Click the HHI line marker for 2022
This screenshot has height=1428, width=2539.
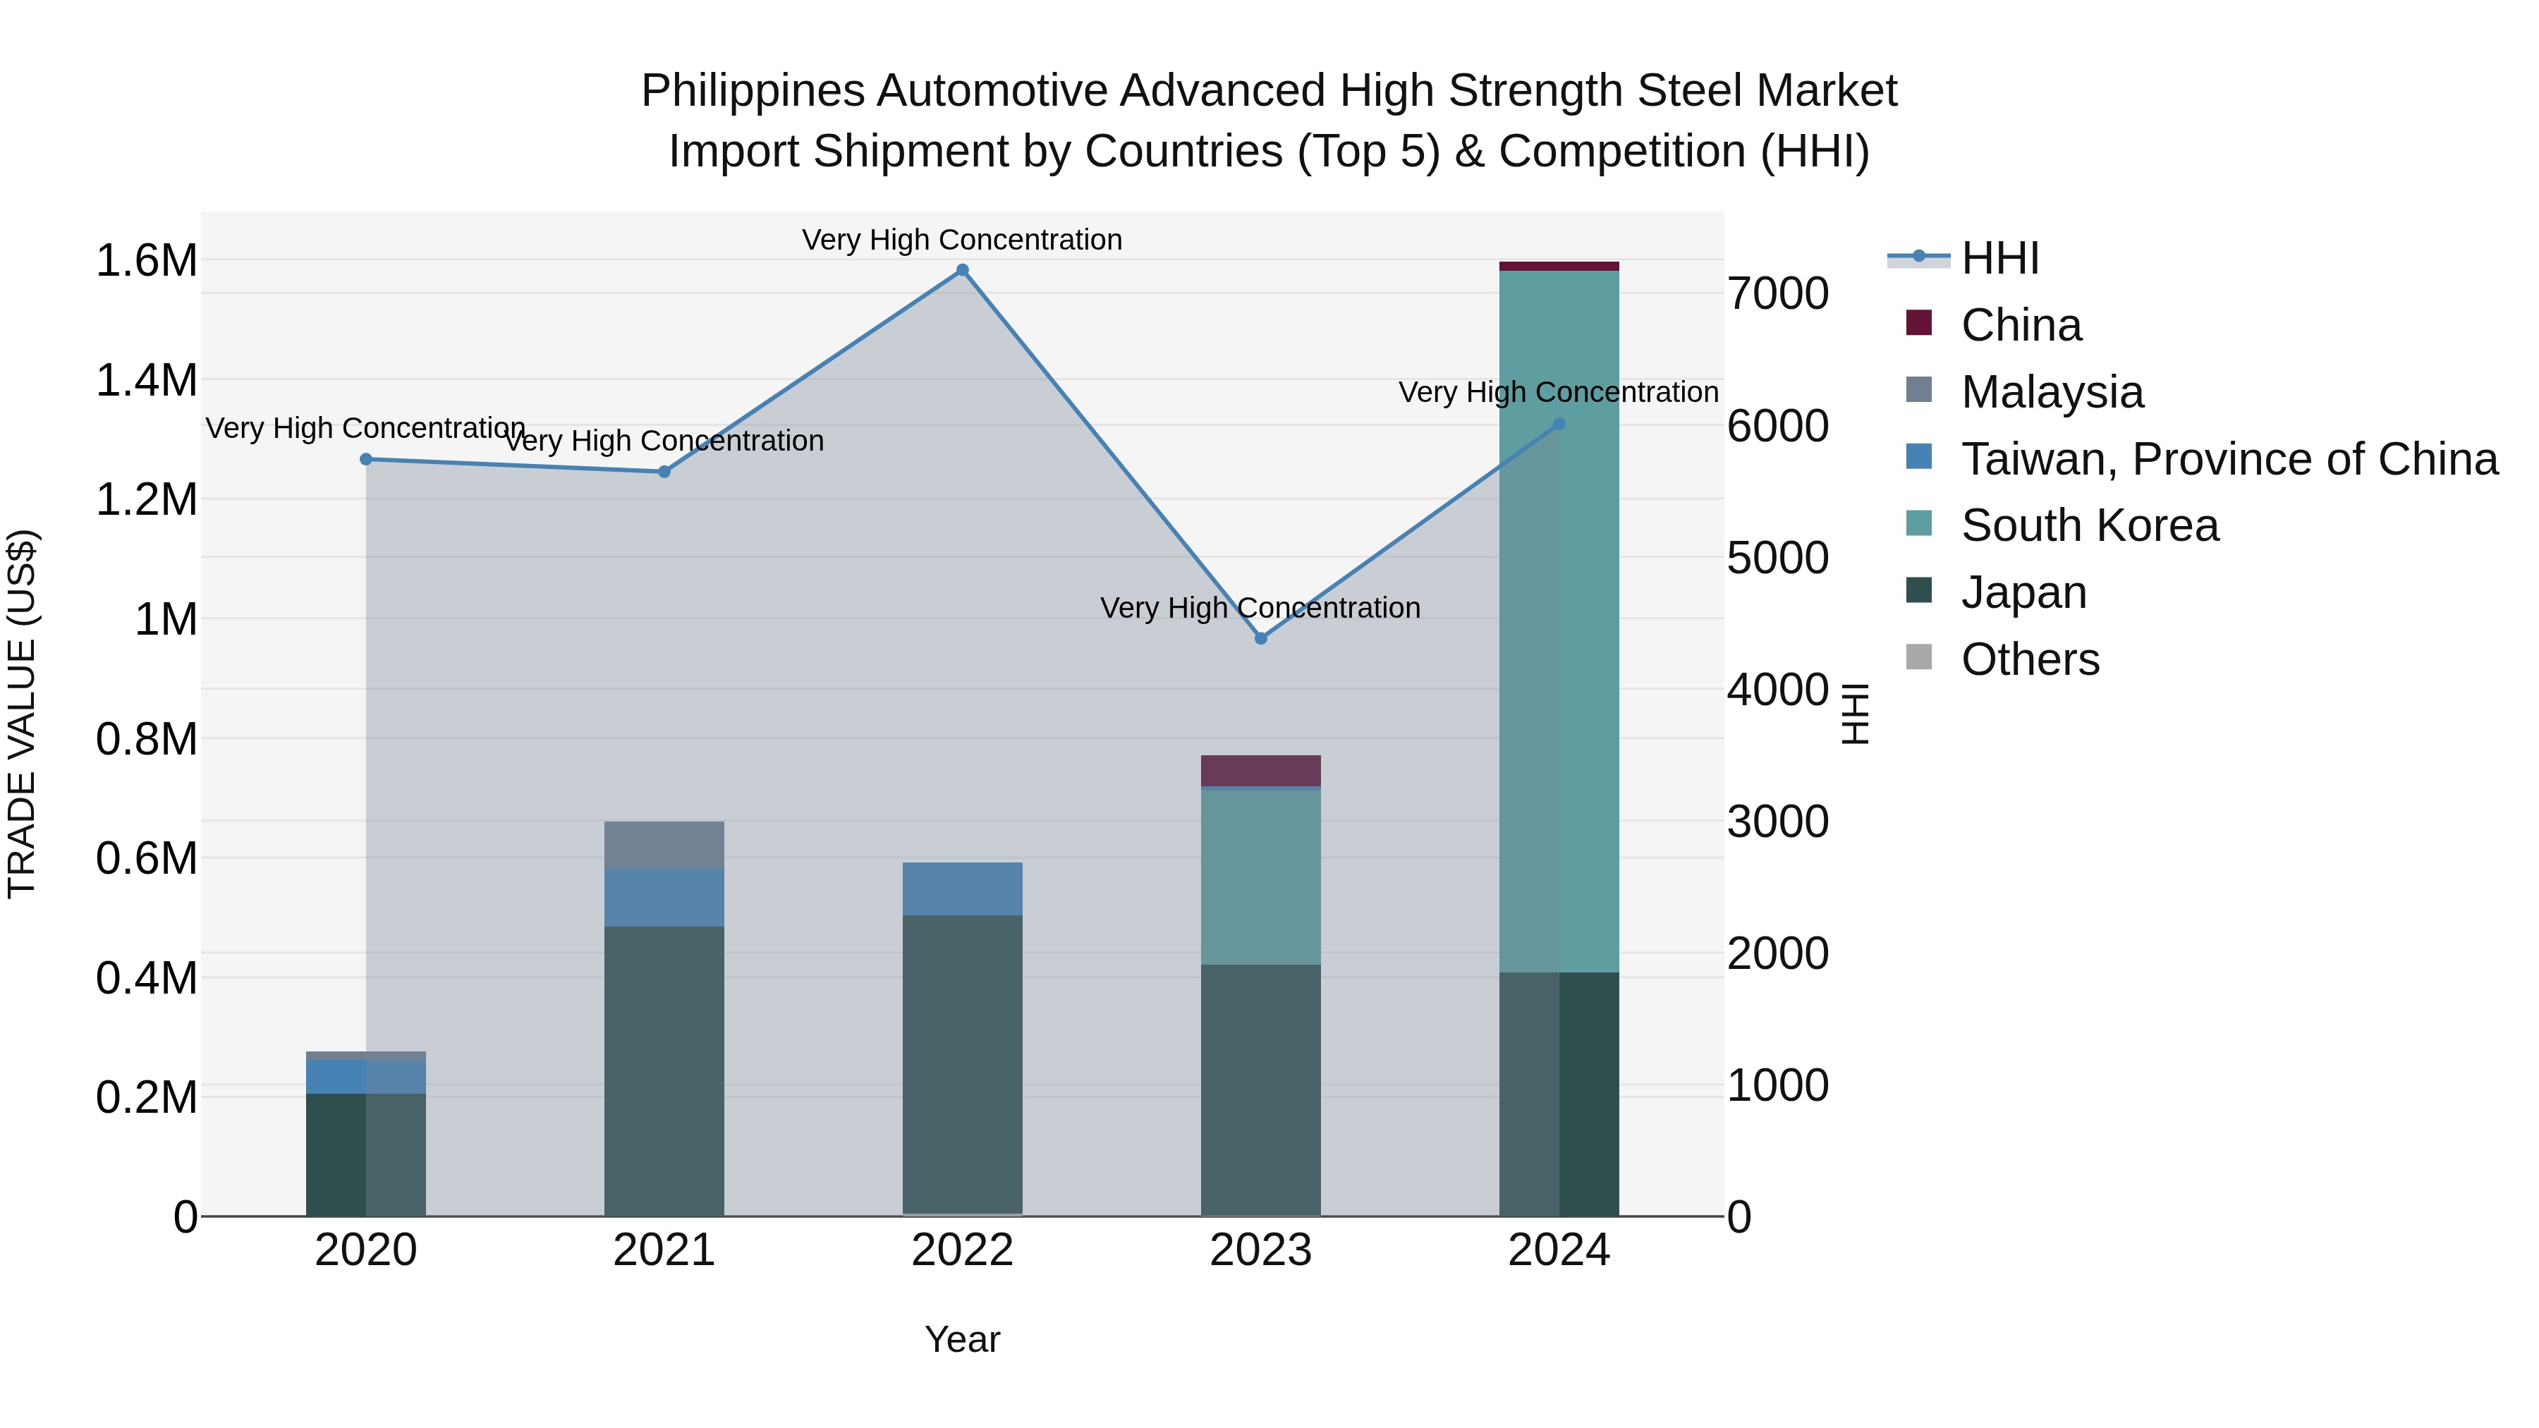(x=962, y=270)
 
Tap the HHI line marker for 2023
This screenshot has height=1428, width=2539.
(x=1260, y=639)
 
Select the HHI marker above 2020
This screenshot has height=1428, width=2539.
(x=365, y=459)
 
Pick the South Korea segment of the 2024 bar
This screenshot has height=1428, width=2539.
(x=1558, y=621)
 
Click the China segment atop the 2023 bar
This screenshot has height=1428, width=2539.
(x=1260, y=771)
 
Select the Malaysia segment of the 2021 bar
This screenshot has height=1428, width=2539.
(x=664, y=845)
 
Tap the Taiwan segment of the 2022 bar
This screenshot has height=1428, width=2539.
(x=962, y=889)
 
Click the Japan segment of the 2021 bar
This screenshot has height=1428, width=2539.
(x=664, y=1069)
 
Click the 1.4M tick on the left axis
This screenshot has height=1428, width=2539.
(x=146, y=380)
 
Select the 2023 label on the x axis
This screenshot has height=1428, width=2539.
(x=1260, y=1250)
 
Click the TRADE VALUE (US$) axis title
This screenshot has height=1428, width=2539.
(x=22, y=714)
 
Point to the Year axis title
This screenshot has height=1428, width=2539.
(x=962, y=1339)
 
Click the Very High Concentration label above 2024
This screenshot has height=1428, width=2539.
(x=1558, y=392)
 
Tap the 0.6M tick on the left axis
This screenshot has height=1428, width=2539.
(x=146, y=858)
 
